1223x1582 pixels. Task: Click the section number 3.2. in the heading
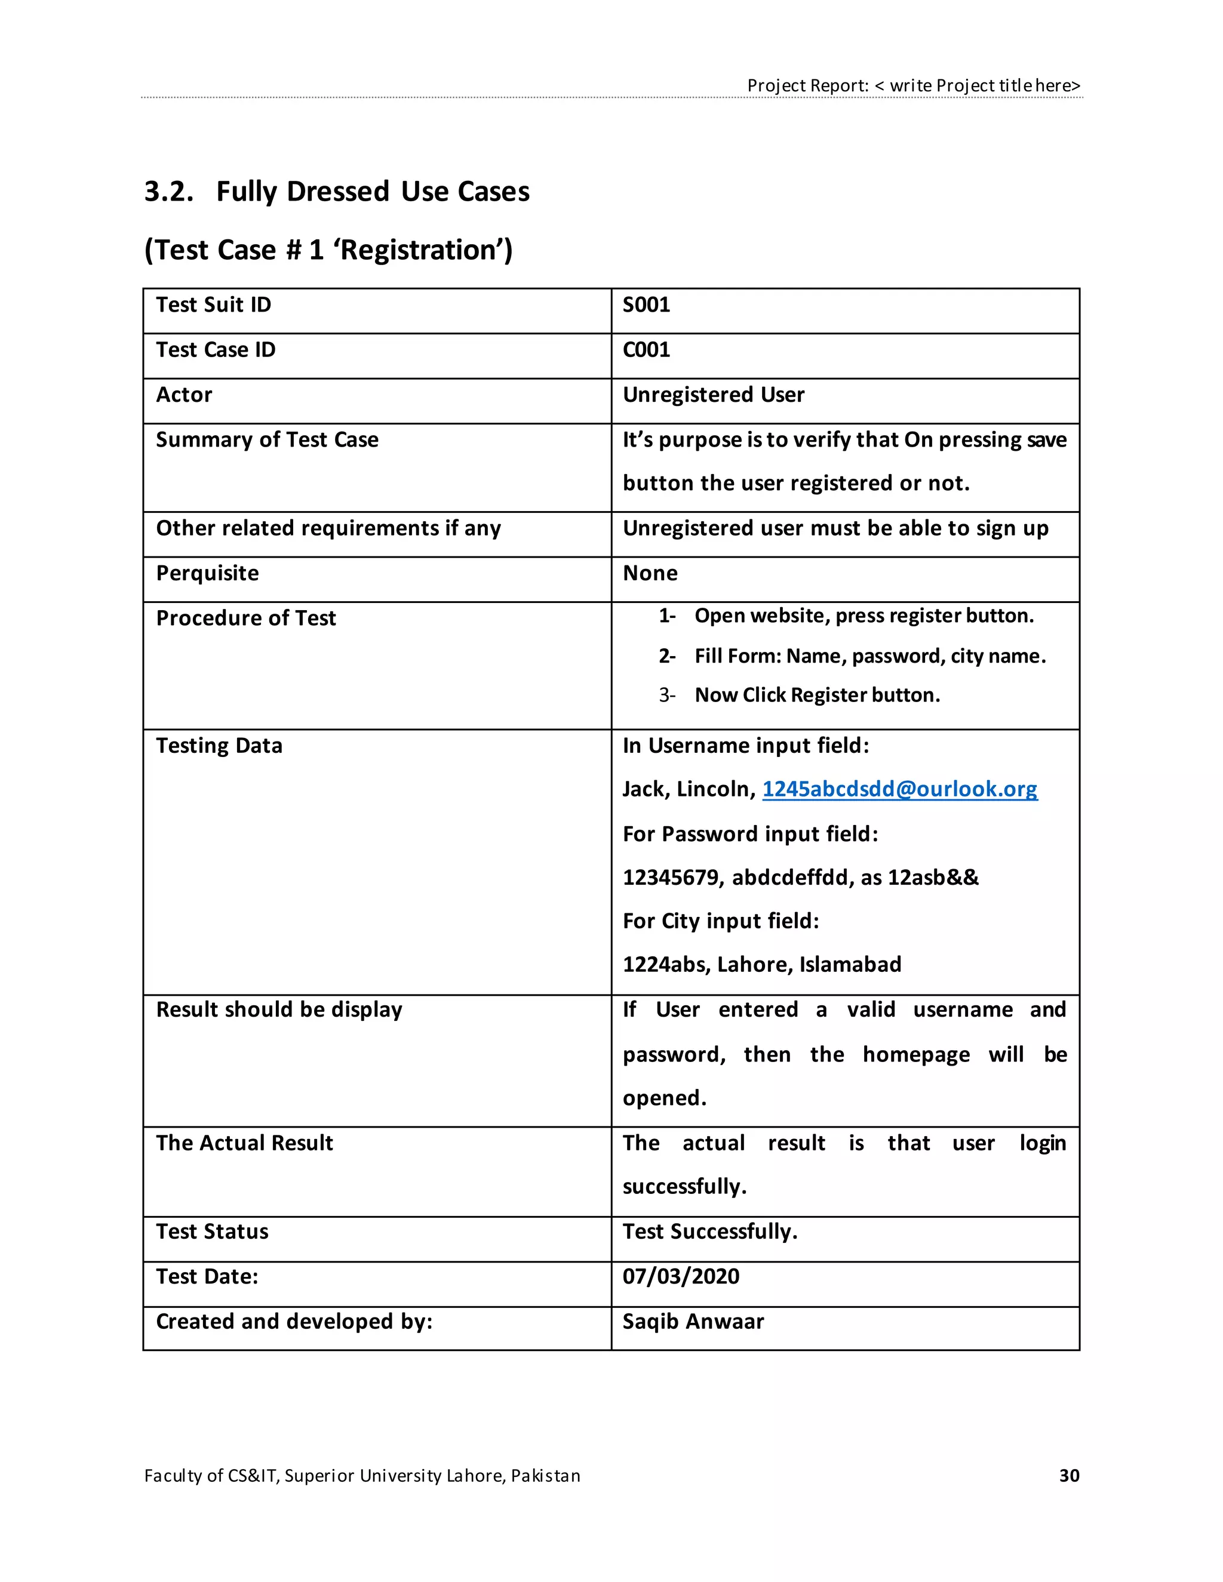coord(169,192)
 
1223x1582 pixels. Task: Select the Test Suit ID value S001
coord(646,305)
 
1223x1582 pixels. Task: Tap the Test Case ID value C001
coord(646,350)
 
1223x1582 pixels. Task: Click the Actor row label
coord(184,395)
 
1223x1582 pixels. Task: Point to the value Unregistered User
coord(713,395)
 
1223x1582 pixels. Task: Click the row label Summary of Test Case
coord(266,440)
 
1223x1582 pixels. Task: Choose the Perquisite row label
coord(207,573)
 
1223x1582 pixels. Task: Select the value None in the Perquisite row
coord(650,573)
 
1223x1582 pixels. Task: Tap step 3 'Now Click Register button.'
coord(816,695)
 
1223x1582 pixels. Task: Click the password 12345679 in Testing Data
coord(670,878)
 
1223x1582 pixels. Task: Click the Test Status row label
coord(212,1232)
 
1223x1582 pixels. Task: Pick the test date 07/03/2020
coord(680,1276)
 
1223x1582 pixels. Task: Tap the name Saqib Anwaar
coord(693,1321)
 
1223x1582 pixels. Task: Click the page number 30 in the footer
coord(1069,1476)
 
